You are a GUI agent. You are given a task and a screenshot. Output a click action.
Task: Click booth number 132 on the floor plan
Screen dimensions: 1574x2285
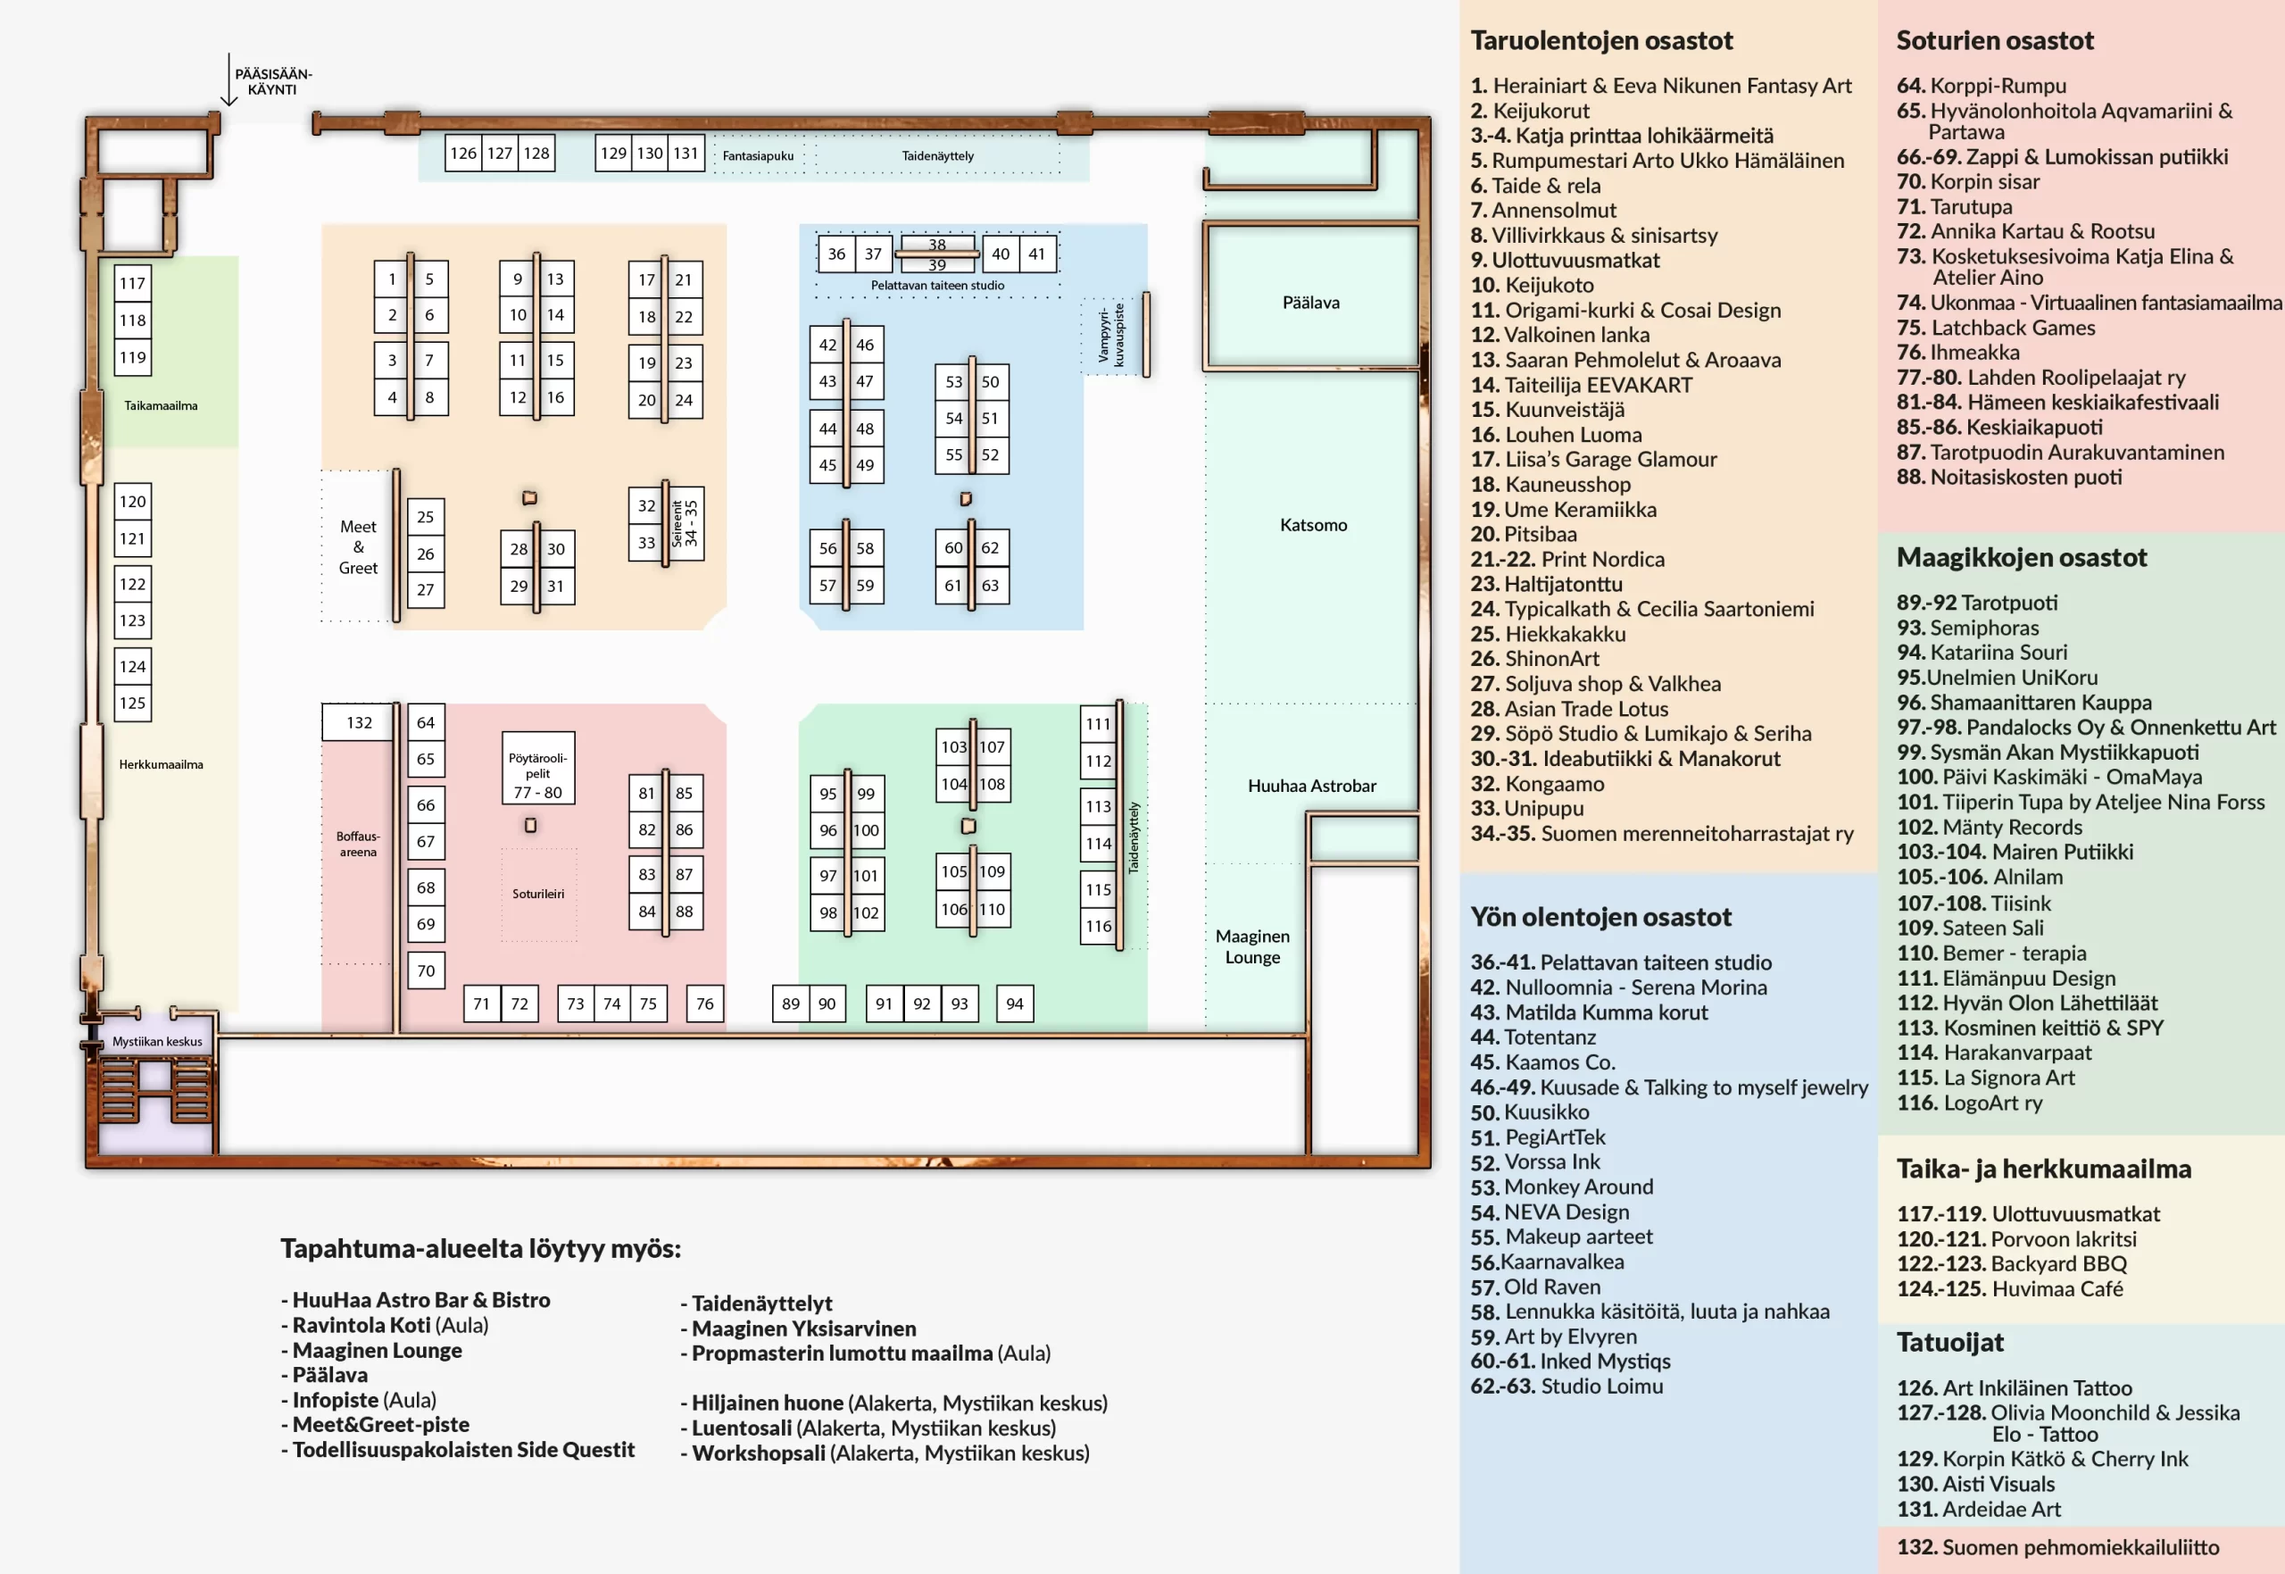(359, 723)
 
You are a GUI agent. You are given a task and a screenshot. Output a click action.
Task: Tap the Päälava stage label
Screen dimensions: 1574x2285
(1310, 303)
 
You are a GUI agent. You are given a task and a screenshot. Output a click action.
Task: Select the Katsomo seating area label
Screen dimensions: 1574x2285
(1313, 526)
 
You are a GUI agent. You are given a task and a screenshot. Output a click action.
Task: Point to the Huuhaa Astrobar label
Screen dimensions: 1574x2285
(1311, 786)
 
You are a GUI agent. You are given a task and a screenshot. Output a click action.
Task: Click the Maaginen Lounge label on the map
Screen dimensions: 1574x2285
(1252, 946)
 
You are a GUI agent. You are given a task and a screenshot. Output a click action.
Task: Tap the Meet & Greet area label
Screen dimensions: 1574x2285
(358, 547)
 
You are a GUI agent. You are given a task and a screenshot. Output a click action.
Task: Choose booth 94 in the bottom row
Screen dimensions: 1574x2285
(1014, 1004)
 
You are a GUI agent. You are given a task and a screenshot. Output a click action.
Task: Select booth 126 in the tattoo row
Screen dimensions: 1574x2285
(463, 153)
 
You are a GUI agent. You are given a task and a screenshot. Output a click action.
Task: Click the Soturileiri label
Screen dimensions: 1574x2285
(538, 895)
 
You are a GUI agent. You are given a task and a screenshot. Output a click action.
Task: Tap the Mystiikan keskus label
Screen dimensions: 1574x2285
(157, 1041)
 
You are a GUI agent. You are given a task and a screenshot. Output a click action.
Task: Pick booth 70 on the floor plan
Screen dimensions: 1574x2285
(426, 970)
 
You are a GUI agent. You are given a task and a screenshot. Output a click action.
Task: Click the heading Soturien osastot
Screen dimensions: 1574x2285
(1994, 40)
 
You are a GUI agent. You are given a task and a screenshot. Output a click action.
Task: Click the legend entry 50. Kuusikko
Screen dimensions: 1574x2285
(1529, 1112)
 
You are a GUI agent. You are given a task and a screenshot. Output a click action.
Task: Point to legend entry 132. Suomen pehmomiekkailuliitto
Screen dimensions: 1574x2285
(2057, 1547)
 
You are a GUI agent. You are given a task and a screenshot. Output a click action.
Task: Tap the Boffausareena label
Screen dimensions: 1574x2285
(358, 845)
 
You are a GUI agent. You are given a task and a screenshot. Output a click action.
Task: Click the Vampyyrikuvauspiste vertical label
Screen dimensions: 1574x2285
(1111, 334)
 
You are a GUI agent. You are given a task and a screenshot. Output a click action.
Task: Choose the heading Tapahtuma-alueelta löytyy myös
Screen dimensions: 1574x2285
(480, 1248)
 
